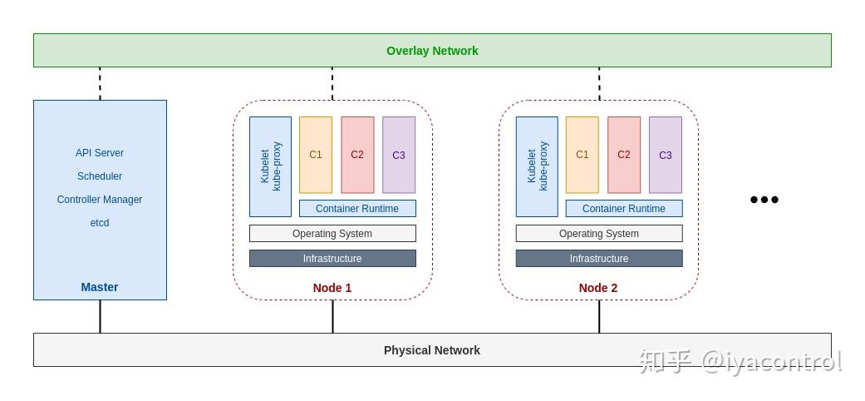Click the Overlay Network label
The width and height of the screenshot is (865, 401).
pos(432,51)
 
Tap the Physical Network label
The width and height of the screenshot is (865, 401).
pos(431,350)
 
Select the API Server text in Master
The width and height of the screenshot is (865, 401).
pos(100,153)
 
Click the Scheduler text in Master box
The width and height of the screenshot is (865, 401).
pos(100,176)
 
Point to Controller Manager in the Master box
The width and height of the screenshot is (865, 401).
pos(100,200)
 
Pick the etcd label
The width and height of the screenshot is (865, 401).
pos(100,223)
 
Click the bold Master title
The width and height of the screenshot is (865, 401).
pos(100,287)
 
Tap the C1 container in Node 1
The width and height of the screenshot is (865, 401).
pos(316,155)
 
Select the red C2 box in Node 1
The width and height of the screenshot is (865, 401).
pos(357,155)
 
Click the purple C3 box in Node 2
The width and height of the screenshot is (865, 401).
pos(666,155)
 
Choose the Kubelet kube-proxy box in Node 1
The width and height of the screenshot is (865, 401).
pos(270,166)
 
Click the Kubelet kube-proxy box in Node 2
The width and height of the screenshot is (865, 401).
pos(537,166)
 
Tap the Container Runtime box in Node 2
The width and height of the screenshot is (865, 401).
pos(624,209)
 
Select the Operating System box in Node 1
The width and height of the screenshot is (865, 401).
pos(332,234)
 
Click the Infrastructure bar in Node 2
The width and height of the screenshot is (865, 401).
pos(599,259)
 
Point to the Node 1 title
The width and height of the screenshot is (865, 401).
pos(332,288)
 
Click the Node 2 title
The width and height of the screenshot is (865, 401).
pos(598,288)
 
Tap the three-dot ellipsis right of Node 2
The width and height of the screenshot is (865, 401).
pos(764,200)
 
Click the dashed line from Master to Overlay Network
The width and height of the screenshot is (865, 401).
pos(100,83)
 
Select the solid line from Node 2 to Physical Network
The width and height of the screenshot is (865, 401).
pos(599,316)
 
